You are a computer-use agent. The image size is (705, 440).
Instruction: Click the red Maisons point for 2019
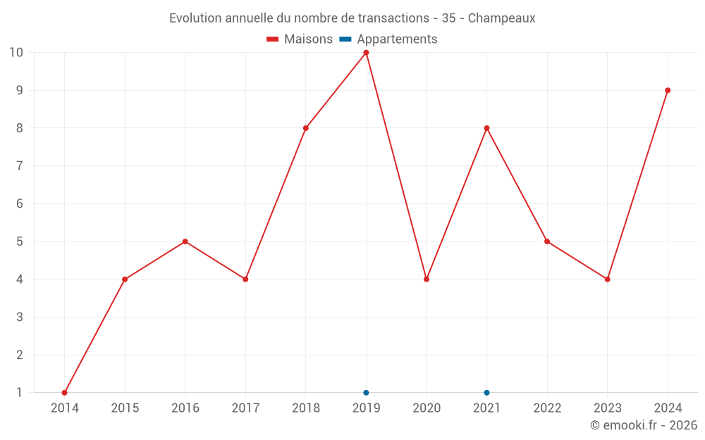point(366,53)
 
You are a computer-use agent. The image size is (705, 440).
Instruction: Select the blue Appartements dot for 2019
point(366,393)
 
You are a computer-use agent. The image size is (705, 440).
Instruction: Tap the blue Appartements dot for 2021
point(486,393)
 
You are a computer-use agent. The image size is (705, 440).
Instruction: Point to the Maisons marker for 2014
point(65,393)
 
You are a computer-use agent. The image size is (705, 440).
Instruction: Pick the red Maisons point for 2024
point(668,90)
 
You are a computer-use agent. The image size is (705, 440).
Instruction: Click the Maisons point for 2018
point(306,128)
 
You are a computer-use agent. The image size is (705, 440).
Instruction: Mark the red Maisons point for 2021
point(486,128)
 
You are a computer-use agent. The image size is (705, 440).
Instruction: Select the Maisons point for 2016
point(185,241)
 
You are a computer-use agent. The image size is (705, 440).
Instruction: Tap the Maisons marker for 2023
point(607,279)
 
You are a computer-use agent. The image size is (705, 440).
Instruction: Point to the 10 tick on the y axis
point(16,53)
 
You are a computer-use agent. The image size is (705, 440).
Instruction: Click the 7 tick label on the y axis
point(20,166)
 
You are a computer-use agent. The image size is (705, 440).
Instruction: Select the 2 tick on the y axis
point(20,355)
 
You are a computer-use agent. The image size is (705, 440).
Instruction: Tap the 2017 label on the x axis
point(245,408)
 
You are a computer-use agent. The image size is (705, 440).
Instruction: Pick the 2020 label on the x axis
point(427,408)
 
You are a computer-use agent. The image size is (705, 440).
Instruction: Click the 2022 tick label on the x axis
point(547,408)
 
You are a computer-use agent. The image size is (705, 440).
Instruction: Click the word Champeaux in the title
point(501,18)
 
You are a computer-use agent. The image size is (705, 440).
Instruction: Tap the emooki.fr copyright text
point(644,425)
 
